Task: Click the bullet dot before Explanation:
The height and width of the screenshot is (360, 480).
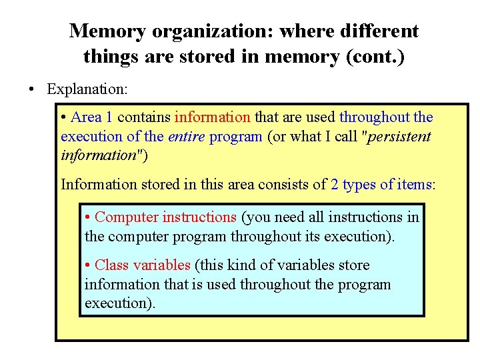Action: pyautogui.click(x=32, y=89)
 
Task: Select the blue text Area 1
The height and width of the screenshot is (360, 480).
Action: pyautogui.click(x=92, y=117)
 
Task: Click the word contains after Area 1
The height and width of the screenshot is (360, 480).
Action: pyautogui.click(x=144, y=117)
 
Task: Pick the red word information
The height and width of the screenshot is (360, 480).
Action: pyautogui.click(x=212, y=117)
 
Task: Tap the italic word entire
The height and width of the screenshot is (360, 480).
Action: pyautogui.click(x=186, y=137)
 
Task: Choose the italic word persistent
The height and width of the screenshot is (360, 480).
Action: pyautogui.click(x=397, y=137)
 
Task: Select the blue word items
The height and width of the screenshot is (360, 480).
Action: pyautogui.click(x=415, y=184)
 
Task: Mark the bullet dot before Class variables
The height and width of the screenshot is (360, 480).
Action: pyautogui.click(x=89, y=265)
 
